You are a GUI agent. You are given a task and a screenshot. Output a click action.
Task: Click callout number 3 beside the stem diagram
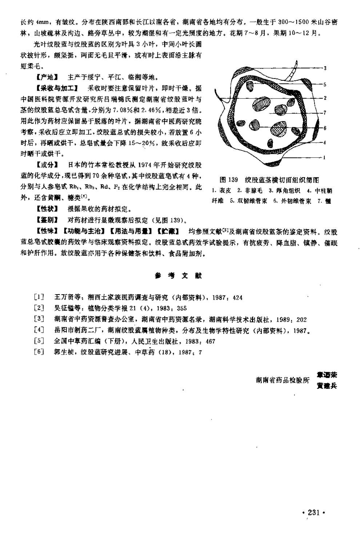(325, 68)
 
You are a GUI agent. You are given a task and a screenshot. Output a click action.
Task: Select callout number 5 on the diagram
(325, 84)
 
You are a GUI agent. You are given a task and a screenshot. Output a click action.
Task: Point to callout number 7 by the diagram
(325, 112)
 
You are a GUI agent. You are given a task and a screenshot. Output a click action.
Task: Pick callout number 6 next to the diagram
(325, 128)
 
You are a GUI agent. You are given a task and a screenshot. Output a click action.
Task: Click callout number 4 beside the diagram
(325, 143)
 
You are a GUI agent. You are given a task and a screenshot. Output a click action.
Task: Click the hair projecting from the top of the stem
(292, 75)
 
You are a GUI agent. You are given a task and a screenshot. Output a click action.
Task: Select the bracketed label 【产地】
(47, 77)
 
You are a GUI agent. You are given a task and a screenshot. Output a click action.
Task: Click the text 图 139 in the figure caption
(229, 180)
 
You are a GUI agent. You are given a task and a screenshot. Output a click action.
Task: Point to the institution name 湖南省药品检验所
(283, 380)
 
